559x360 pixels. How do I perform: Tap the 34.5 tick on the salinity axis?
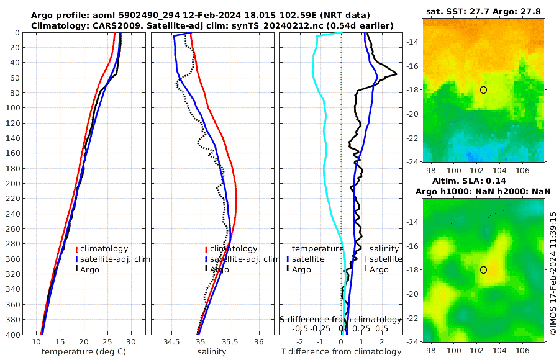point(171,341)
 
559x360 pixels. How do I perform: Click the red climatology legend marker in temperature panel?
point(76,249)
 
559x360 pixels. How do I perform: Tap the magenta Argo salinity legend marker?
point(366,269)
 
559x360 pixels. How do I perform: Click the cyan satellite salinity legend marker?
point(366,259)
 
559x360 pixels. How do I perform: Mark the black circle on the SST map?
point(483,90)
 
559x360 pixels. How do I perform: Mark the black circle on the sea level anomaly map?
point(483,270)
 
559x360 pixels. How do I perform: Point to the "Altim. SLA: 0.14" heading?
point(484,180)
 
